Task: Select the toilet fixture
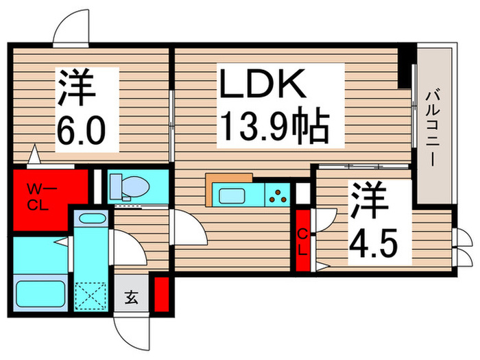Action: [x=130, y=185]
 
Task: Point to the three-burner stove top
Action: [x=278, y=195]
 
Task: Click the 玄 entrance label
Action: [x=130, y=297]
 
